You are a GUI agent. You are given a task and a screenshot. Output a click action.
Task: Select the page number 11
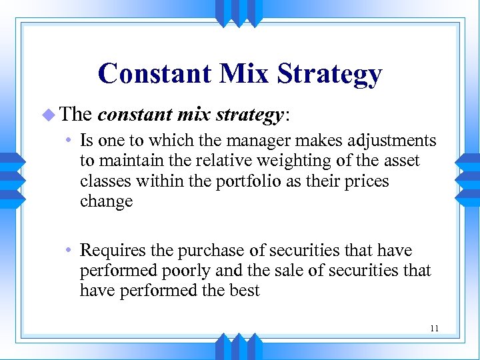434,328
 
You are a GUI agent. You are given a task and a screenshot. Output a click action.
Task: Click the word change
106,201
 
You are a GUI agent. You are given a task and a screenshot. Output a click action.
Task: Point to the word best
244,291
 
